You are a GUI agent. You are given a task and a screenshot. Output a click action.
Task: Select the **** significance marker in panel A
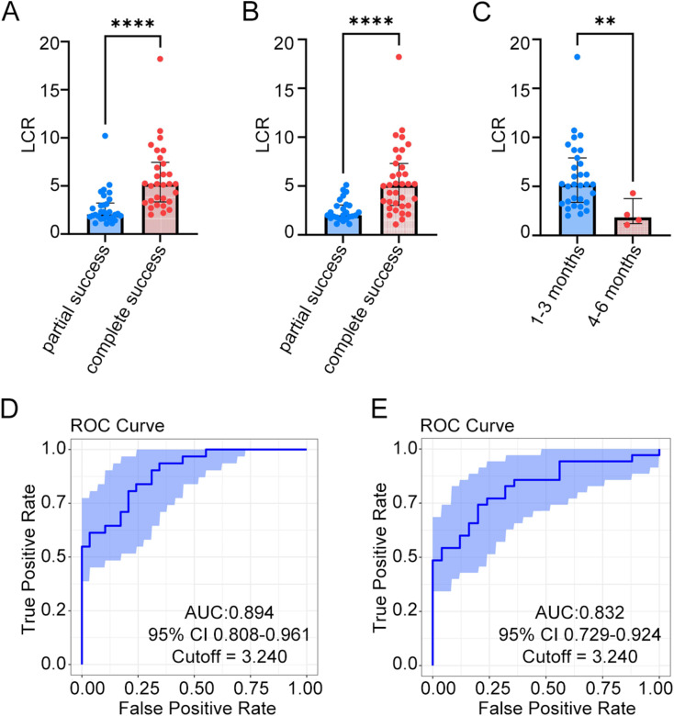click(131, 20)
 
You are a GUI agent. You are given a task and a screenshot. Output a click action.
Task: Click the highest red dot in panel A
click(160, 59)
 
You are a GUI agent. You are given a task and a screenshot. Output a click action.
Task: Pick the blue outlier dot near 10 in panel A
click(106, 136)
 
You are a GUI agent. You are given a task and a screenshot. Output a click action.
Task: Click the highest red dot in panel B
click(399, 58)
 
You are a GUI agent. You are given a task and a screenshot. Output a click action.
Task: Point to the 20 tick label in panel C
click(516, 41)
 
